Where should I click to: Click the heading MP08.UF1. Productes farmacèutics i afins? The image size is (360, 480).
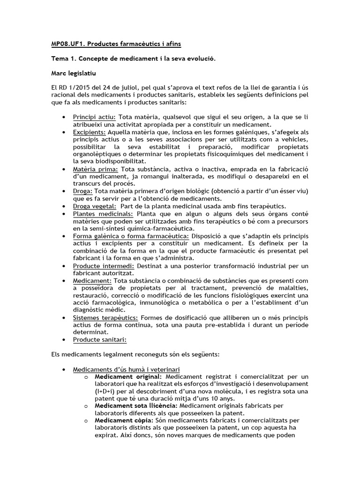point(116,44)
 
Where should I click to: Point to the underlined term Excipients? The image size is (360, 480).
point(89,133)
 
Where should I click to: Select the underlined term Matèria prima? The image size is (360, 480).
point(96,169)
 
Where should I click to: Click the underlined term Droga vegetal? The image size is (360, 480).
point(94,206)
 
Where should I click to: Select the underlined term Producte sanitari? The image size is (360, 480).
point(100,339)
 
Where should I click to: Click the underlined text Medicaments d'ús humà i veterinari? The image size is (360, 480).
point(126,369)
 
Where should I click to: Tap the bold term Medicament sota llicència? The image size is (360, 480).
point(135,405)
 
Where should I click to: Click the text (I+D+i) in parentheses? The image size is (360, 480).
point(106,391)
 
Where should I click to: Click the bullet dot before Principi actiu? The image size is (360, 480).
point(63,117)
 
